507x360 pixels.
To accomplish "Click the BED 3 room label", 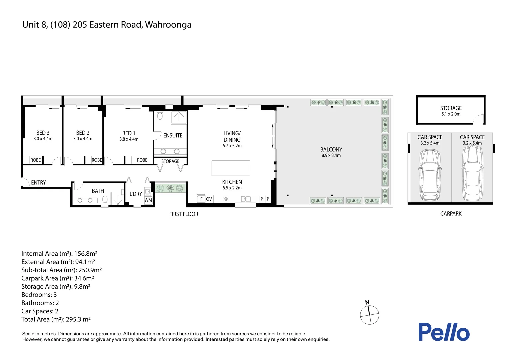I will (x=43, y=133).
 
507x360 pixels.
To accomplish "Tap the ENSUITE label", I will (x=173, y=135).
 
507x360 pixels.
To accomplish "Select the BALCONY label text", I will (x=331, y=149).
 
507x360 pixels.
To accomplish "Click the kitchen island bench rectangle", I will (x=231, y=168).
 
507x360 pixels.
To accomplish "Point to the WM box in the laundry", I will (x=148, y=200).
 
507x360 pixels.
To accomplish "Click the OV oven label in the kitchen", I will (x=209, y=199).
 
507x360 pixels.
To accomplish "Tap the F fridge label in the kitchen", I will (x=201, y=199).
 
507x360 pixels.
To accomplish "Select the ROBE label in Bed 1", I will (x=142, y=160).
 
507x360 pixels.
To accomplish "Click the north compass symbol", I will (x=369, y=314).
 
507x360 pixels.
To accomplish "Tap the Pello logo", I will (x=444, y=332).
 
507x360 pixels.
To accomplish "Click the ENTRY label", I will (x=38, y=182).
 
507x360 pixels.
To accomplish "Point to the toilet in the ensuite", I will (x=160, y=116).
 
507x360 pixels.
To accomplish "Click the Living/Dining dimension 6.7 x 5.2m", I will (x=232, y=146).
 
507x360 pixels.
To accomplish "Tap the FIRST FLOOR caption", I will (x=184, y=214).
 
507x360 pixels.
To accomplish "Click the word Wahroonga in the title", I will (x=168, y=25).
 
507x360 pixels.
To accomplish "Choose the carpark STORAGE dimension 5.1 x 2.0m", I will (x=451, y=114).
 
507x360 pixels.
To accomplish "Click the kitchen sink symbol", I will (x=246, y=199).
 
